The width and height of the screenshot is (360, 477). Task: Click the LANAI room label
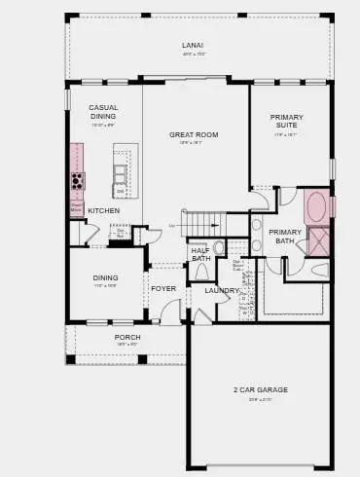click(x=193, y=46)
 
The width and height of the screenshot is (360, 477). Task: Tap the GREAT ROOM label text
click(x=193, y=134)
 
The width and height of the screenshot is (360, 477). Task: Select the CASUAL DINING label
click(x=104, y=112)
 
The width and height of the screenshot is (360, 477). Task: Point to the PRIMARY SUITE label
click(x=286, y=122)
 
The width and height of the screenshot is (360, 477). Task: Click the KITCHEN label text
click(x=104, y=210)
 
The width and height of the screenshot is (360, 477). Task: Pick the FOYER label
click(x=162, y=288)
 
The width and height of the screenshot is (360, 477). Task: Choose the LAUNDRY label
click(x=222, y=290)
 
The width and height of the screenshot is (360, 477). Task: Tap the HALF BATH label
click(x=200, y=254)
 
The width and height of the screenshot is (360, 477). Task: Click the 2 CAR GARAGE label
click(x=260, y=389)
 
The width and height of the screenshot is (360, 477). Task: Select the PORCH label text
click(x=127, y=337)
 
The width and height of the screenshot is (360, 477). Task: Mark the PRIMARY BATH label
click(x=285, y=236)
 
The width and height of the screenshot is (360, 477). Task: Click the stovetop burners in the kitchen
click(x=77, y=181)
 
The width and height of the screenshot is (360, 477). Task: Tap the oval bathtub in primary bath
click(x=315, y=206)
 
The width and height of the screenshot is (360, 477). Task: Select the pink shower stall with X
click(x=318, y=240)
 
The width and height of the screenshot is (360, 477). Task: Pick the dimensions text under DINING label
click(x=105, y=285)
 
